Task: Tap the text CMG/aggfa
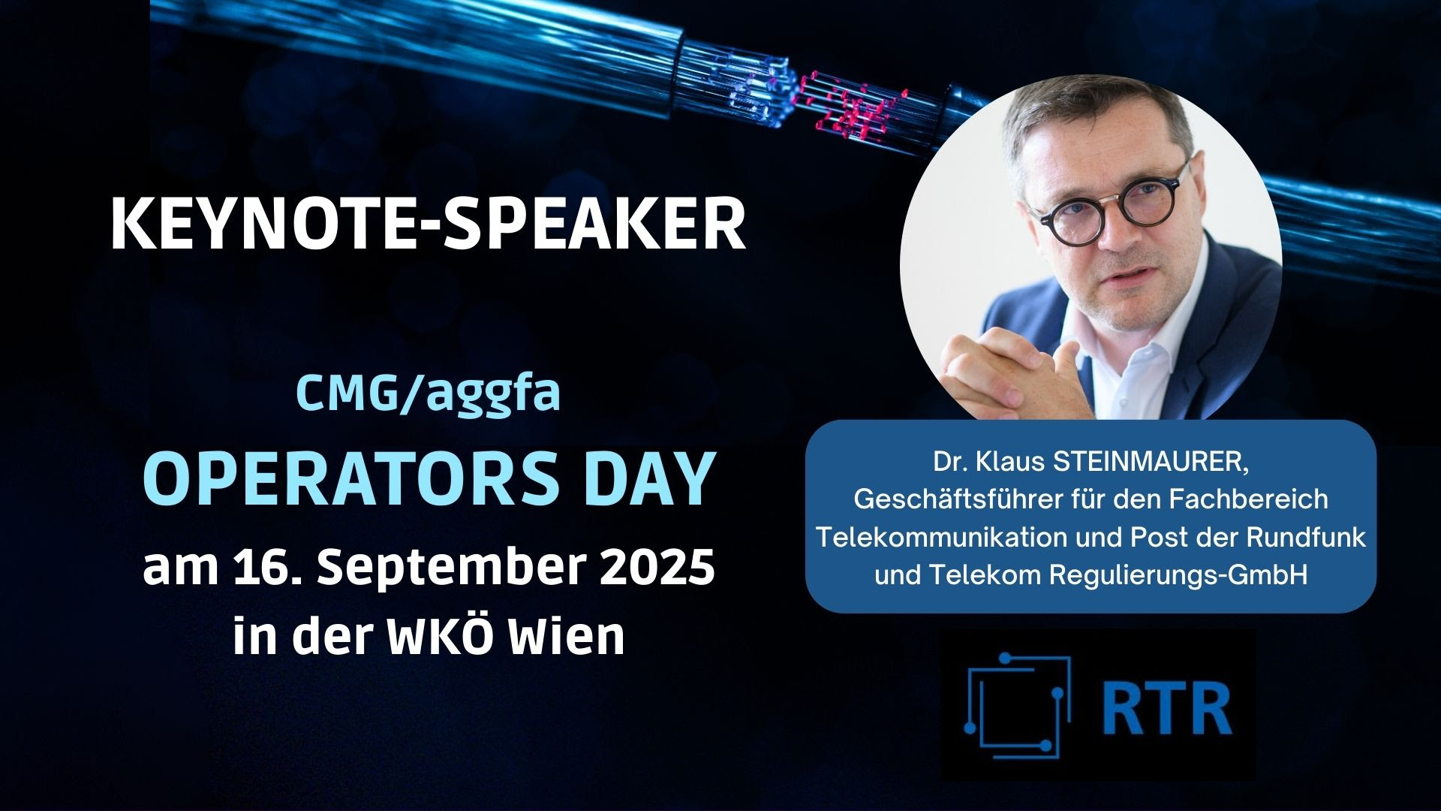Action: click(429, 393)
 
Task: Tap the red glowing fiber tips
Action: click(848, 105)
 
